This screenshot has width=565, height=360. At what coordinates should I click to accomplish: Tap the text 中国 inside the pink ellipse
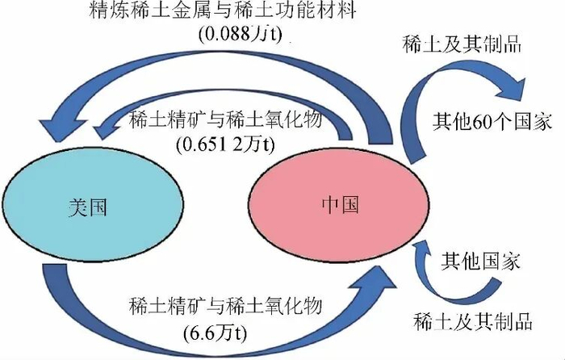[x=335, y=202]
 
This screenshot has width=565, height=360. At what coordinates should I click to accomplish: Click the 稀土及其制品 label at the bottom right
[x=472, y=320]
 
